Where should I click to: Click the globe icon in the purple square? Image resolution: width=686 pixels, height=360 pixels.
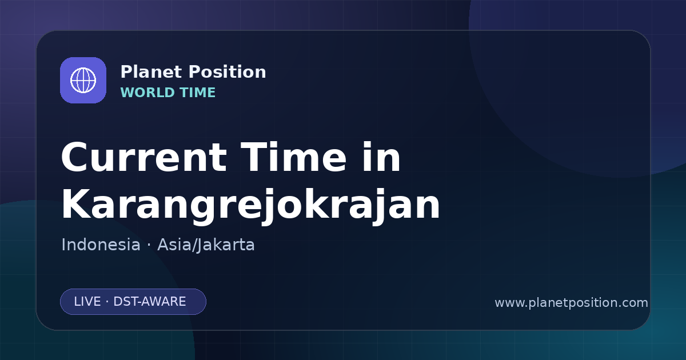click(x=83, y=80)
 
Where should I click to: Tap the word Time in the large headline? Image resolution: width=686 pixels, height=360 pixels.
click(x=293, y=157)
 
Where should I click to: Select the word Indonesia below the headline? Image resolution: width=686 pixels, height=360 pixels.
click(x=101, y=245)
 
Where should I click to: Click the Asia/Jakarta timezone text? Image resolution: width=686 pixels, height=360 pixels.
click(x=206, y=245)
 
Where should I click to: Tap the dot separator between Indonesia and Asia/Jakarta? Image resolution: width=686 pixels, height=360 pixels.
click(x=149, y=245)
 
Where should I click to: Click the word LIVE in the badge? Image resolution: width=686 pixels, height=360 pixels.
click(x=87, y=302)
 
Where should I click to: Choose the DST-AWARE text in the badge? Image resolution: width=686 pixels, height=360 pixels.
click(x=149, y=302)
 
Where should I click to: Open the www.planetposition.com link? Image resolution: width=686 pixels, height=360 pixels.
click(x=571, y=303)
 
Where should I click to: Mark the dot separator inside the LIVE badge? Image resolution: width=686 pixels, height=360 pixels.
click(x=107, y=302)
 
